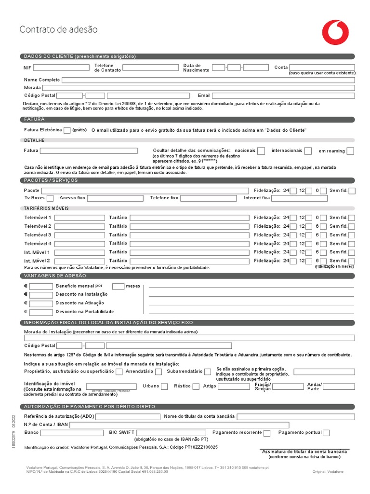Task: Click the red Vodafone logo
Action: [335, 32]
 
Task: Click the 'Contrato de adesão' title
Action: [58, 30]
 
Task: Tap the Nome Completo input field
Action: [208, 80]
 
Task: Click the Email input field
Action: [283, 96]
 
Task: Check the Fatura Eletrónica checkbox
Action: [67, 130]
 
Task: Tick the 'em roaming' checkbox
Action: [350, 151]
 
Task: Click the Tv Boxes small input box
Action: [50, 198]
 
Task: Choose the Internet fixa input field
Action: [299, 198]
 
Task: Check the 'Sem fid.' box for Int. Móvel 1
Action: [352, 252]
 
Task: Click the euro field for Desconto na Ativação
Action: [41, 303]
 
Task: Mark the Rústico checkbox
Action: [196, 386]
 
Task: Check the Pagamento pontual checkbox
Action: [326, 433]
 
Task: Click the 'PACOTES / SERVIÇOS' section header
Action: [51, 180]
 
